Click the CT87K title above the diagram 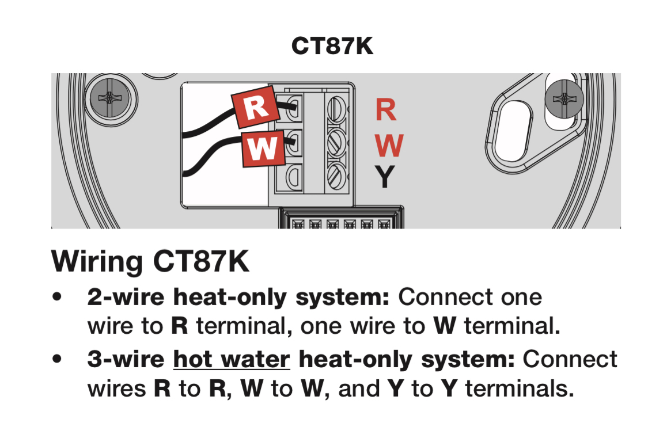[x=332, y=46]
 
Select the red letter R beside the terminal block [x=386, y=110]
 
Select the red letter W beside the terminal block [x=389, y=146]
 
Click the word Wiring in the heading [x=97, y=262]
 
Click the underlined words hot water [x=232, y=360]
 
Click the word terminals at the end [x=519, y=389]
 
